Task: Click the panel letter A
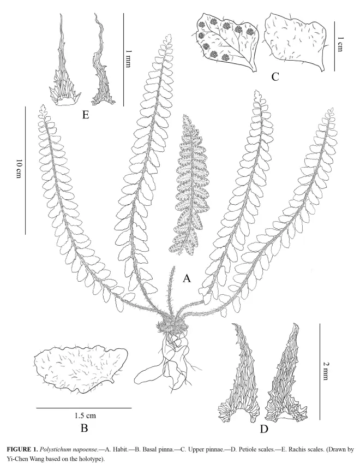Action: point(187,278)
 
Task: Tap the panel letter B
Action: point(84,428)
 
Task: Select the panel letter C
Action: point(275,77)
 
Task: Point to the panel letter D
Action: point(264,429)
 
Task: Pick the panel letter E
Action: point(86,115)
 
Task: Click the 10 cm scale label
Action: point(19,169)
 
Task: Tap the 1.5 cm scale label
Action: point(85,415)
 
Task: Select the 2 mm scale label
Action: point(326,371)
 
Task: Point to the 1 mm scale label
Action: point(128,58)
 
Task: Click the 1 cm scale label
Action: point(340,44)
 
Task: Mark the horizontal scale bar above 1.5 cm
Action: point(84,408)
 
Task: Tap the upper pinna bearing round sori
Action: point(227,41)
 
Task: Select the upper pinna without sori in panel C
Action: point(295,42)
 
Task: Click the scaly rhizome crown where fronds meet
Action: point(172,327)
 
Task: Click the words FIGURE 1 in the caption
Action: point(22,449)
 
